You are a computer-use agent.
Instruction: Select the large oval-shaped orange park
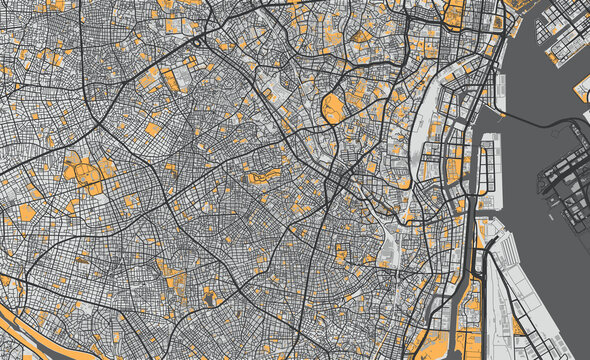click(x=333, y=107)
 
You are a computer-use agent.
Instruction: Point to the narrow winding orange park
click(x=263, y=178)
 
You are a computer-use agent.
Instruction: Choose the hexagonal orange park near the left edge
click(x=26, y=212)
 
